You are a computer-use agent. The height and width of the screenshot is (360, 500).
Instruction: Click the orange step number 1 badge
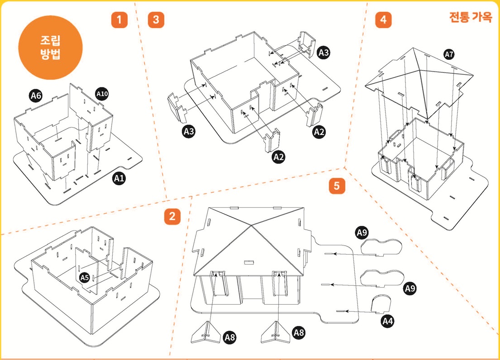[x=119, y=20]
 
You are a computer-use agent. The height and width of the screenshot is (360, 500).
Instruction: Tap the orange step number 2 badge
[x=172, y=216]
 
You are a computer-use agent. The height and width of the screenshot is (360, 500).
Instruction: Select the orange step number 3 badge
[x=156, y=20]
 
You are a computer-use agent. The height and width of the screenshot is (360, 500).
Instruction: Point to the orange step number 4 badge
[x=383, y=20]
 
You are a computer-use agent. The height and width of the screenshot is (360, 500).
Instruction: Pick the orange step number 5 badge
[x=337, y=186]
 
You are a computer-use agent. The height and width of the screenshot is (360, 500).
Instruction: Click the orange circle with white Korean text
[x=50, y=48]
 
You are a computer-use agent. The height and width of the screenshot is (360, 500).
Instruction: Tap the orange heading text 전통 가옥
[x=471, y=17]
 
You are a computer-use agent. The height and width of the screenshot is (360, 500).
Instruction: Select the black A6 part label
[x=36, y=96]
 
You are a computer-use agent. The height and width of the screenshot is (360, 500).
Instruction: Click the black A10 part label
[x=102, y=94]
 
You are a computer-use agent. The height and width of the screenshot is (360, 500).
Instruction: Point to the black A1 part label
[x=119, y=178]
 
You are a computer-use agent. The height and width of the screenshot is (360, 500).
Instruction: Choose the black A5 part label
[x=84, y=278]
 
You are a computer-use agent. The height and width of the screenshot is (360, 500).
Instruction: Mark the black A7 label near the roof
[x=449, y=55]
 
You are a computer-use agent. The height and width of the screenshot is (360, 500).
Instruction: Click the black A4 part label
[x=388, y=321]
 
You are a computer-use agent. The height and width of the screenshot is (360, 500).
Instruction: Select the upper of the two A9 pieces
[x=381, y=247]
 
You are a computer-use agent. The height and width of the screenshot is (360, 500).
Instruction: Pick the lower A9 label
[x=410, y=288]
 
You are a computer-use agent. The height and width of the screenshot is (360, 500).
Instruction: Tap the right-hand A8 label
[x=299, y=333]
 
